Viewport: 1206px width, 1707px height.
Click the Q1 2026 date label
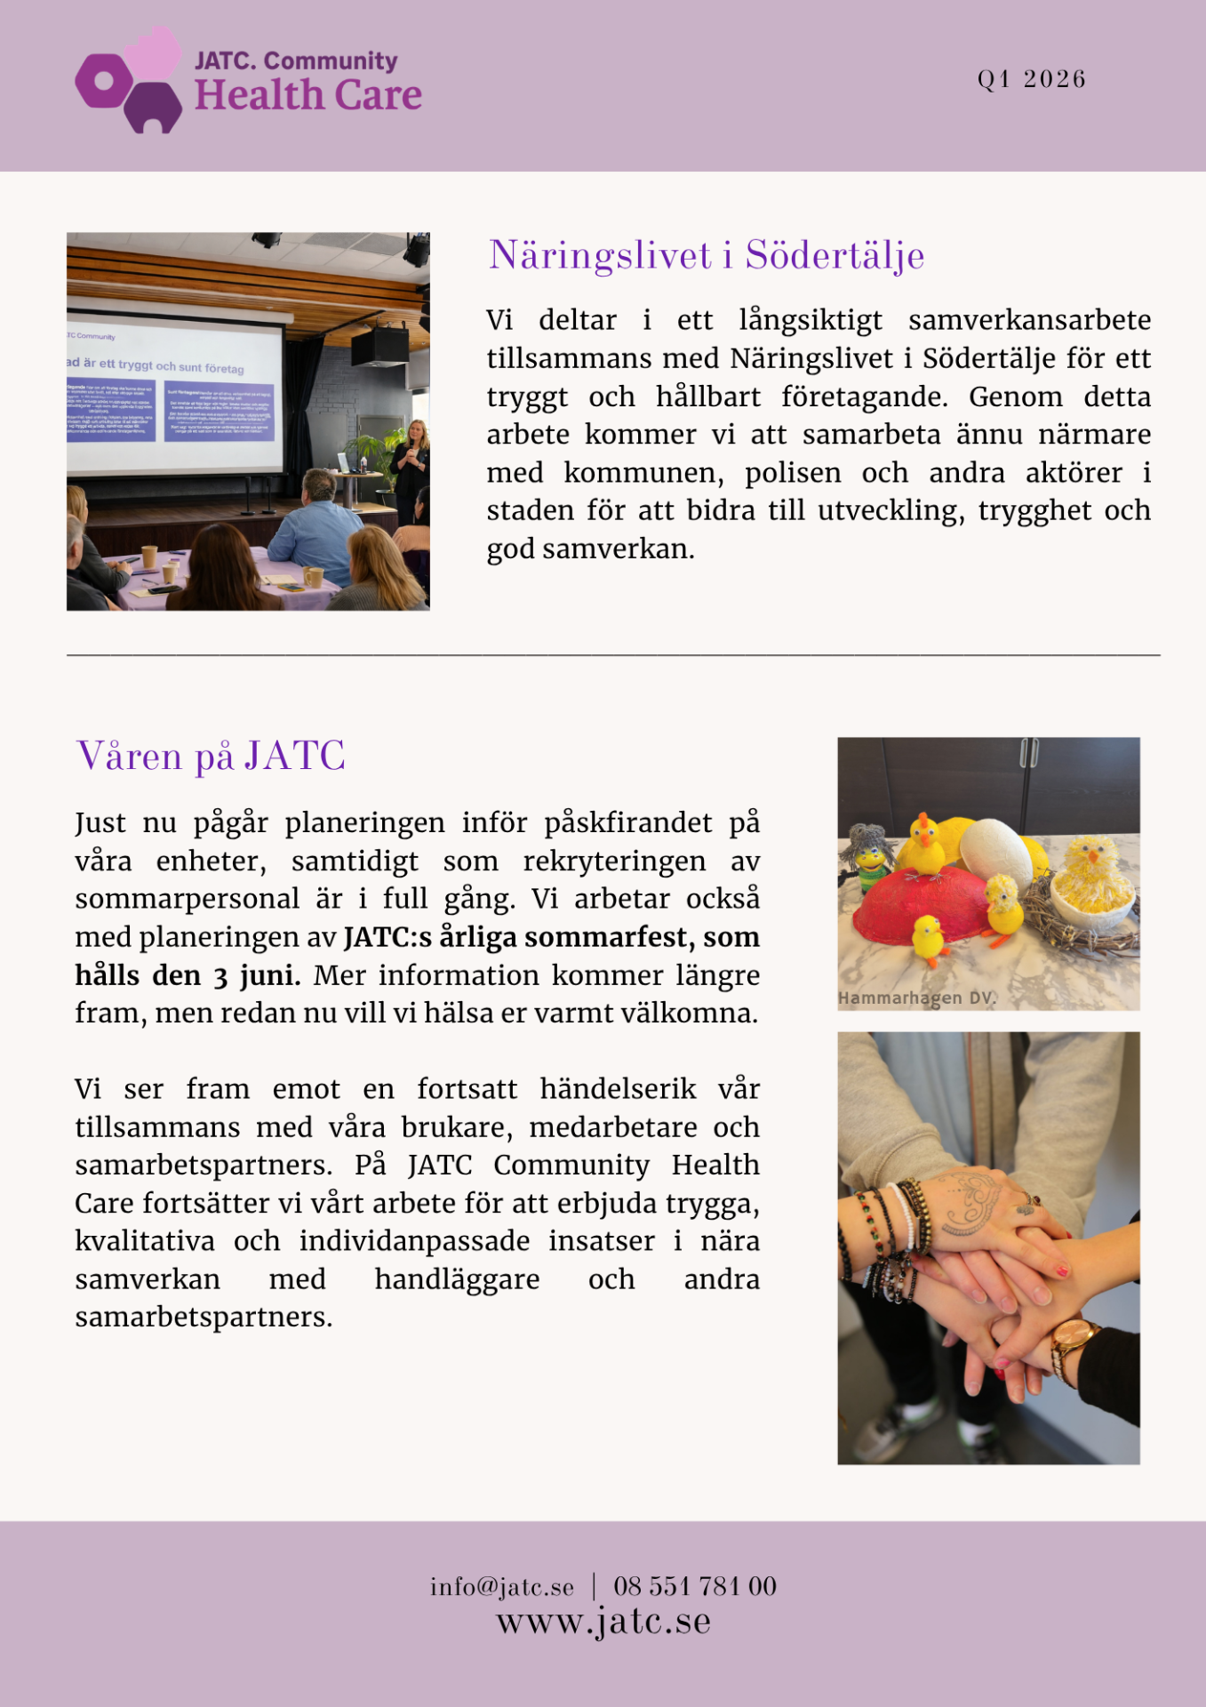[1031, 79]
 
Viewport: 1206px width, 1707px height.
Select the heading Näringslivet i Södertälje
[706, 256]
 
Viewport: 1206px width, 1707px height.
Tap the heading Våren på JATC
[211, 757]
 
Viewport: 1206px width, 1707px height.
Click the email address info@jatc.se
[502, 1587]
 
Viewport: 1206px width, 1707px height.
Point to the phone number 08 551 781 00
[695, 1587]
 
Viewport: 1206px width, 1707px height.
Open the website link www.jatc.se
[603, 1622]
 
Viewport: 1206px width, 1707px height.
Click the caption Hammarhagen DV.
[916, 998]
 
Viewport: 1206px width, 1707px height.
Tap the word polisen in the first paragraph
[793, 473]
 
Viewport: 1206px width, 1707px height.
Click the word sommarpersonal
[187, 899]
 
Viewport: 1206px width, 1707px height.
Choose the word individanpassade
[414, 1241]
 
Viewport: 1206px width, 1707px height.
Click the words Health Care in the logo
[308, 96]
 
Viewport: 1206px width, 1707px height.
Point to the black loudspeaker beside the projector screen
[379, 346]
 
